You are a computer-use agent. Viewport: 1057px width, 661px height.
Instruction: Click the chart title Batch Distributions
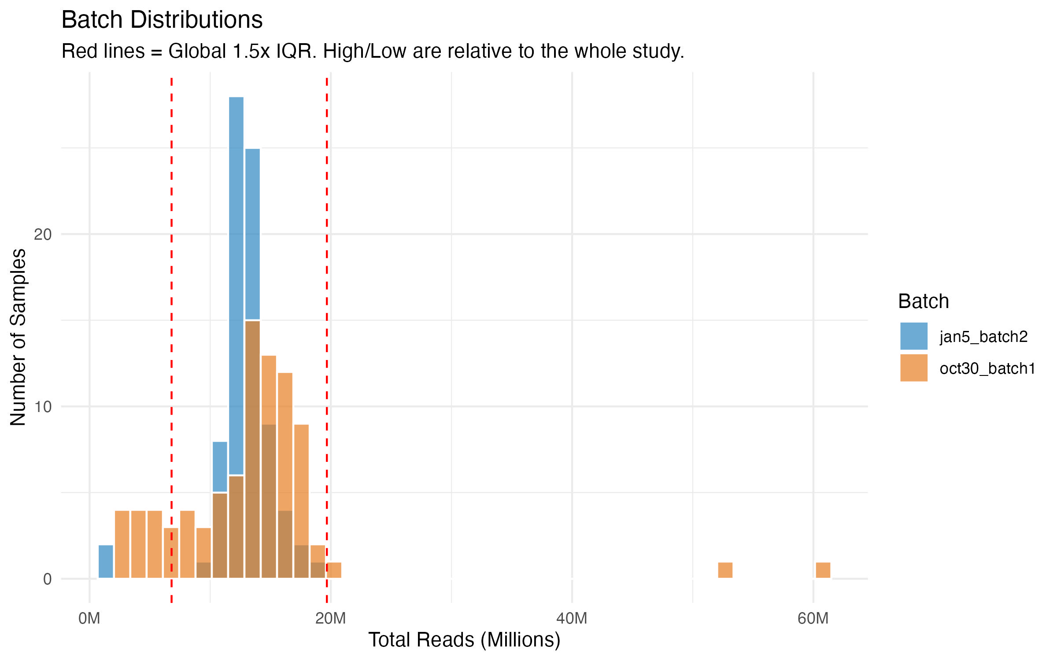[x=162, y=20]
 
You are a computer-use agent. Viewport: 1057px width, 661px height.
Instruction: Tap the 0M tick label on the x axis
[x=89, y=619]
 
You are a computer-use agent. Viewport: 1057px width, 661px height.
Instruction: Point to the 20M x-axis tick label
[x=330, y=619]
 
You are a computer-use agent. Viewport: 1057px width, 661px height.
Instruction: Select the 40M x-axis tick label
[x=572, y=619]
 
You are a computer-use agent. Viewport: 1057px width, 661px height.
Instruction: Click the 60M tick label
[x=813, y=619]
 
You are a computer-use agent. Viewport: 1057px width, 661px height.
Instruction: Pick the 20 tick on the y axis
[x=43, y=234]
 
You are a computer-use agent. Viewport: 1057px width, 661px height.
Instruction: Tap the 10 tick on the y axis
[x=43, y=407]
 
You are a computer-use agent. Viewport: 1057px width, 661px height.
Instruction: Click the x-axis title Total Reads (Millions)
[x=464, y=640]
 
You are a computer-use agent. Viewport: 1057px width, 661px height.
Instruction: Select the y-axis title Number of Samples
[x=18, y=337]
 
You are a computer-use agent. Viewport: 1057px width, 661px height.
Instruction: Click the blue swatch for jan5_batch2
[x=913, y=336]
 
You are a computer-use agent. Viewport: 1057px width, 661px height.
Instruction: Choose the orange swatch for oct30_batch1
[x=913, y=368]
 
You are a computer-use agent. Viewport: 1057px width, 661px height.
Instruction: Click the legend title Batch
[x=923, y=302]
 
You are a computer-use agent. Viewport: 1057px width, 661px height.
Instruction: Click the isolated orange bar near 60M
[x=823, y=570]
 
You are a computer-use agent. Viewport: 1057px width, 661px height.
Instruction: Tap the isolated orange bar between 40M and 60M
[x=725, y=570]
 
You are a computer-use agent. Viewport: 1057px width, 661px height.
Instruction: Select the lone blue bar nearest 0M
[x=106, y=562]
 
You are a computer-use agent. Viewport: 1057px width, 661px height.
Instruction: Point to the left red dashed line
[x=171, y=308]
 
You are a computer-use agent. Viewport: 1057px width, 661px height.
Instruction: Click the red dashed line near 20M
[x=327, y=308]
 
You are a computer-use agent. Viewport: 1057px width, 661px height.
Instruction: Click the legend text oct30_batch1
[x=987, y=369]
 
